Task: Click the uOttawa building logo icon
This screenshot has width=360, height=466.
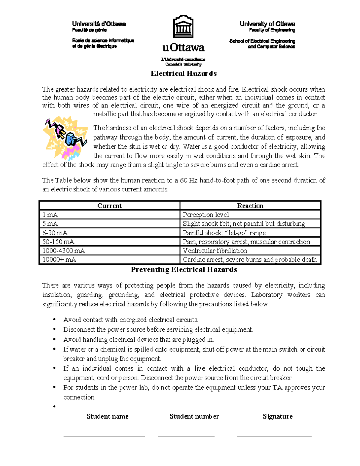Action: click(x=183, y=27)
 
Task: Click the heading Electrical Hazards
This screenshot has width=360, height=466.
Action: click(x=184, y=74)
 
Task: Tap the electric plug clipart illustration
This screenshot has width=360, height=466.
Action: click(x=66, y=137)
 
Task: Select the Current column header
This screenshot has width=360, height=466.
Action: click(x=109, y=206)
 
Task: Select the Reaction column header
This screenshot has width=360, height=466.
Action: click(x=250, y=206)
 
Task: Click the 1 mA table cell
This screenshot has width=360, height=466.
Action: click(x=109, y=215)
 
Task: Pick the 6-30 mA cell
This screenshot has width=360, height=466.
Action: click(x=109, y=233)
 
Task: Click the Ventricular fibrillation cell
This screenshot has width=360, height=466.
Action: click(x=250, y=251)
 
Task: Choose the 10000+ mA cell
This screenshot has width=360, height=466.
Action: click(x=109, y=260)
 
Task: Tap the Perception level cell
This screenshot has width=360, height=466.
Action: click(x=250, y=215)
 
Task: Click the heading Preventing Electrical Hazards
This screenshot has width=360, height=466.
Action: click(x=184, y=269)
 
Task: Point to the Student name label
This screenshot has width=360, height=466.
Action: click(x=107, y=416)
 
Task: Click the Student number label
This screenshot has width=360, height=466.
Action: click(x=194, y=416)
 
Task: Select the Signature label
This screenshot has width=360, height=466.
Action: click(x=278, y=416)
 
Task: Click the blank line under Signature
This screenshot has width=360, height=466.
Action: click(x=274, y=435)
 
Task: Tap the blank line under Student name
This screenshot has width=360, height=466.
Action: click(x=104, y=435)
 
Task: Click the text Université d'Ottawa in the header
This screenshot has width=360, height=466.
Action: click(x=99, y=24)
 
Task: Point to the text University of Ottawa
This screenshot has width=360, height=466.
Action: click(x=267, y=24)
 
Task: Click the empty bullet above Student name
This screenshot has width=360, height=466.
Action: click(x=55, y=407)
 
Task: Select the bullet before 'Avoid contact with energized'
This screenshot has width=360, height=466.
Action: click(x=55, y=320)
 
